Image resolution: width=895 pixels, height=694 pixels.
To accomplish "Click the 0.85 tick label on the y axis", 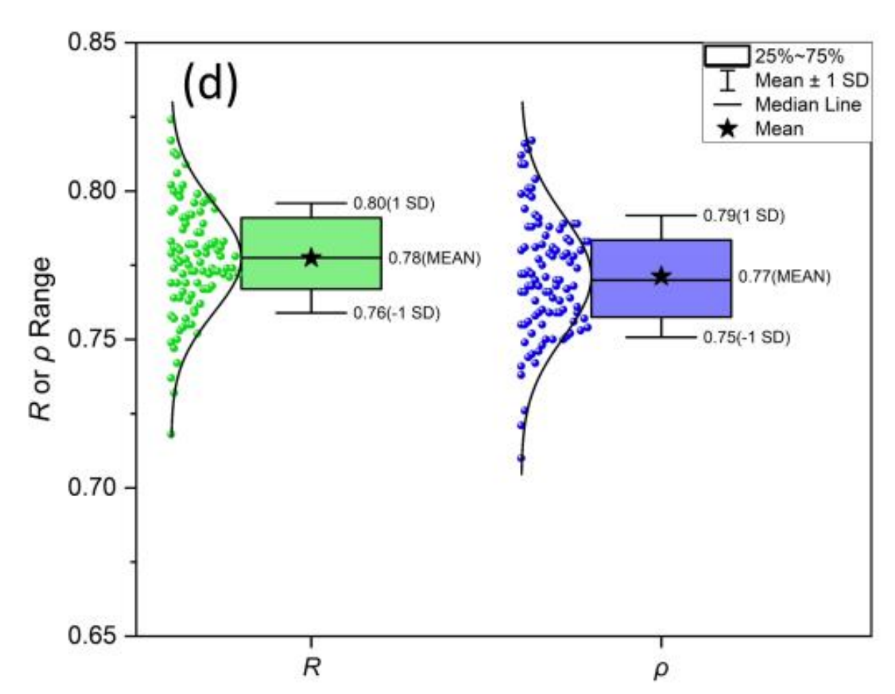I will coord(92,42).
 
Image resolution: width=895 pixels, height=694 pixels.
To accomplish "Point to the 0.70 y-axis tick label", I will coord(92,487).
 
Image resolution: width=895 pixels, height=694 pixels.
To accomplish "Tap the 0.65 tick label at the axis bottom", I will coord(92,635).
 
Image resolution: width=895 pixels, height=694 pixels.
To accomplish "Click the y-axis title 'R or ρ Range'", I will coord(40,339).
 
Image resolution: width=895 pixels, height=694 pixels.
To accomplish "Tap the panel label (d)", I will coord(210,86).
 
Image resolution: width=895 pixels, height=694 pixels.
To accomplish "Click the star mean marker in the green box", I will coord(311,258).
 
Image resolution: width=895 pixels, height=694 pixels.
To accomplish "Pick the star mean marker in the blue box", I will coord(661,277).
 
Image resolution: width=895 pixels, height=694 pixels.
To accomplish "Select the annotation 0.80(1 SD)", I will coord(393,203).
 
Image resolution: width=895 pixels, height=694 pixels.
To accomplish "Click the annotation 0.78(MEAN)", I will coord(434,258).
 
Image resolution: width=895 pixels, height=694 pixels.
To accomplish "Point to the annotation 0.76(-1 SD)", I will coord(396,313).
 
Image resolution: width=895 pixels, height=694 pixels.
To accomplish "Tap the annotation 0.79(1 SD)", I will coord(744,216).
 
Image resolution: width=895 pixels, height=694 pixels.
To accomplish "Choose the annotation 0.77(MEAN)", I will coord(784,277).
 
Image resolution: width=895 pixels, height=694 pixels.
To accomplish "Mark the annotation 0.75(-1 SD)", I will coord(747,337).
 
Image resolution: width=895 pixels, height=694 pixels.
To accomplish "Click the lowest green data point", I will coord(171,434).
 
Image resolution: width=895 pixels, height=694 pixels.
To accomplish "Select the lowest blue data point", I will coord(521,458).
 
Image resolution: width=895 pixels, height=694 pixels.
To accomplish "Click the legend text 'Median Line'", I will coord(807,105).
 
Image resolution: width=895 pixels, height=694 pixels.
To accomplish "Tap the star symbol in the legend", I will coord(727,129).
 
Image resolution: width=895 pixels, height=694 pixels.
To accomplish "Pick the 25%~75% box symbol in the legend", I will coord(727,56).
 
